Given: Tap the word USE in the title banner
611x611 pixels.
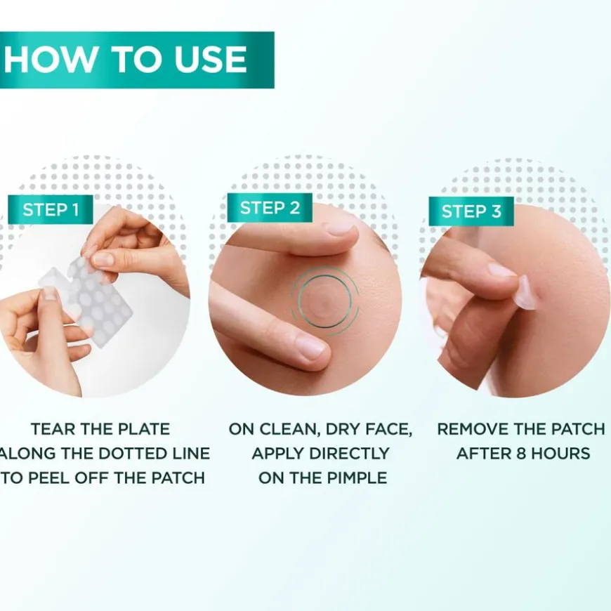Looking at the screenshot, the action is coord(211,60).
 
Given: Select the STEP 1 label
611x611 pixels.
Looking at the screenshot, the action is coord(51,210).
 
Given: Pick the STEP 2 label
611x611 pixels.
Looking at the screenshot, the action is coord(270,208).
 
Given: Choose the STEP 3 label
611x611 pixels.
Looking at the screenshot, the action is coord(471,211).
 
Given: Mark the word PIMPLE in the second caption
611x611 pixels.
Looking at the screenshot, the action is coord(355,478).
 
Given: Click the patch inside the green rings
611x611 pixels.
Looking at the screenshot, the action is coord(324,300).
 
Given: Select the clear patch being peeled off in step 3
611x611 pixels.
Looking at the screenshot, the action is coord(524,294).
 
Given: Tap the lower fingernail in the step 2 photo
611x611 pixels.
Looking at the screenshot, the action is coord(310,347).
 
